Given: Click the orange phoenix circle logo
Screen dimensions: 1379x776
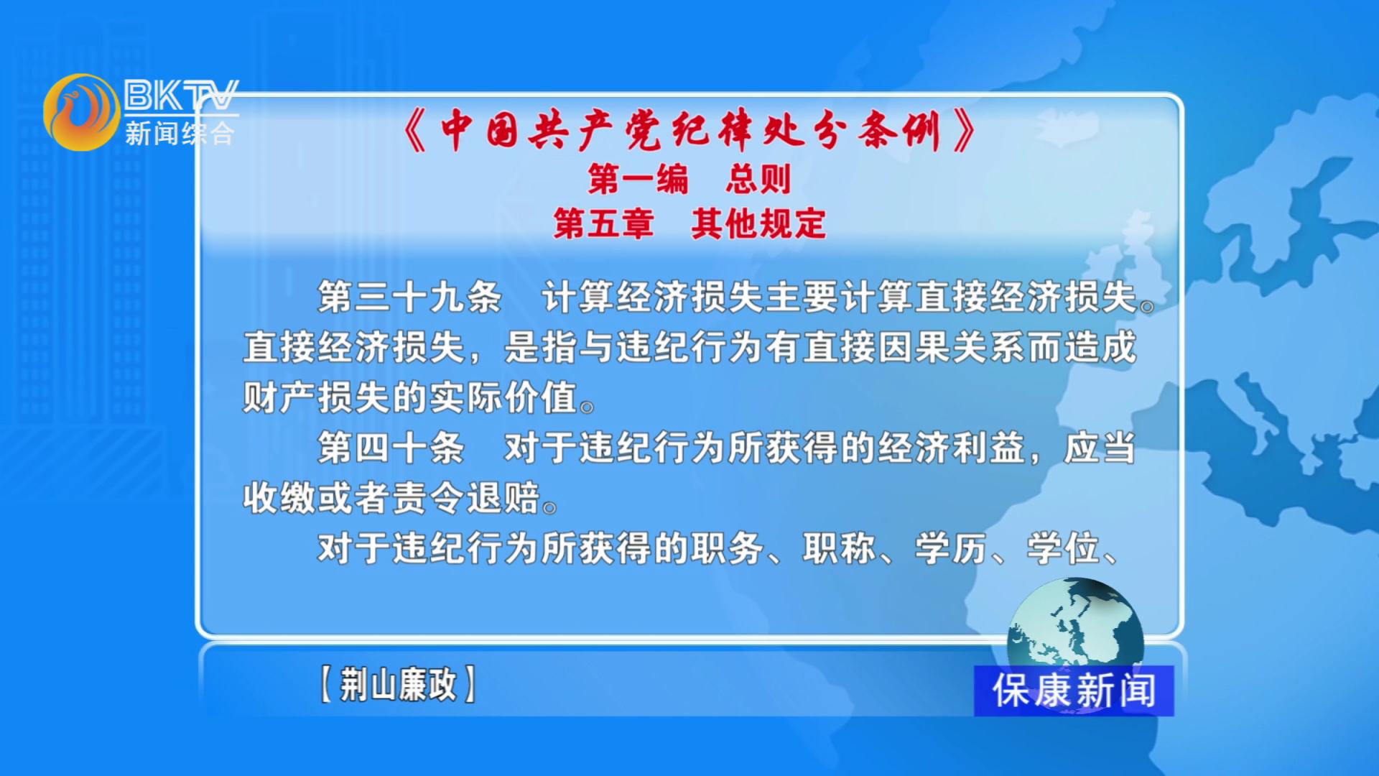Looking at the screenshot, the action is tap(81, 112).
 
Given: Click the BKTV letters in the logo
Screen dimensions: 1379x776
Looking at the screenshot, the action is tap(181, 95).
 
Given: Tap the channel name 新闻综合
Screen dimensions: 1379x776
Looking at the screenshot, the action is tap(180, 133).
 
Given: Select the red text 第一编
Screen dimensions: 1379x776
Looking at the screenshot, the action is tap(638, 178).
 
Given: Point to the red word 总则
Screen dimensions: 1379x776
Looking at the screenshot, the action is tap(758, 178).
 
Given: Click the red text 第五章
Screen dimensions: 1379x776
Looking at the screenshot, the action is tap(603, 223).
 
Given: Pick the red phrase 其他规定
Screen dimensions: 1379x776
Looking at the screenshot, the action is tap(758, 223).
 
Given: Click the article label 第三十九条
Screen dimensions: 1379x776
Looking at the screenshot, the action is tap(409, 297).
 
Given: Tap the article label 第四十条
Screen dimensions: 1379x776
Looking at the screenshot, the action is tap(391, 448).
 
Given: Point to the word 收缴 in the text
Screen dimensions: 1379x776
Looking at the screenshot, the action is tap(279, 498).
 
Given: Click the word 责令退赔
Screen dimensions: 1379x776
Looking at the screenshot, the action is tap(466, 498).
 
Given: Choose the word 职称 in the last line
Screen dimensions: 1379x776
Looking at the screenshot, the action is tap(839, 548).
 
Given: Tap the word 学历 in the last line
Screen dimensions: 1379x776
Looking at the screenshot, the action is tap(951, 548).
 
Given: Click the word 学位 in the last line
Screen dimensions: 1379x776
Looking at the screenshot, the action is tap(1063, 548).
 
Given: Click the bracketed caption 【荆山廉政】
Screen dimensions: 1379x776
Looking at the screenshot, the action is tap(398, 683).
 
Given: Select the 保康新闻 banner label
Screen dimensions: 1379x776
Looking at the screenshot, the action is tap(1074, 690).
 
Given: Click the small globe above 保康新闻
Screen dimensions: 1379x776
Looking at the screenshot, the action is tap(1075, 625).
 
